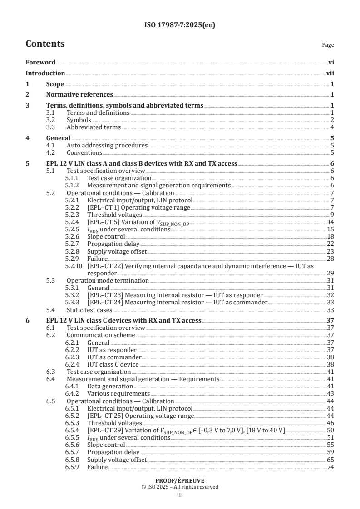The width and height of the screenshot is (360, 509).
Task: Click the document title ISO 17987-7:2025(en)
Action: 180,25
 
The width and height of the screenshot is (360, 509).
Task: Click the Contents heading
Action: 45,44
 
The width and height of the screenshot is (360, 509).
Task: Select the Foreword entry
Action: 40,62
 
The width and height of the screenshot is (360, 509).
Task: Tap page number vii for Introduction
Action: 330,73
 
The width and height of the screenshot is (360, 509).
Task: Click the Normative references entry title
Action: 79,94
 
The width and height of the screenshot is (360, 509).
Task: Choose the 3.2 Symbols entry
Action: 79,120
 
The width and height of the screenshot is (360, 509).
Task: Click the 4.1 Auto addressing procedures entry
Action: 107,145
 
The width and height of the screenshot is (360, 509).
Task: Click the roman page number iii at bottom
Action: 180,495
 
